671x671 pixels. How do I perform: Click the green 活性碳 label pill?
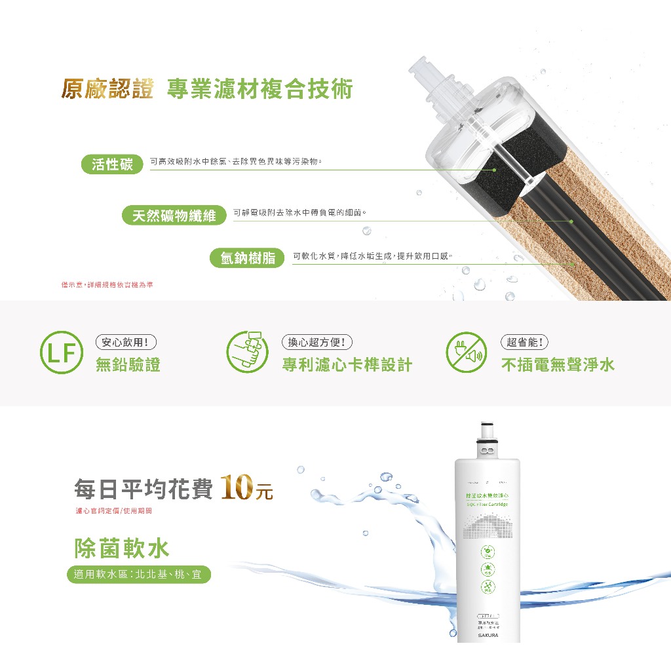click(113, 164)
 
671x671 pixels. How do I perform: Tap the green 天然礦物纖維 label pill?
click(174, 216)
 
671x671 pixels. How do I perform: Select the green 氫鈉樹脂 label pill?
click(247, 258)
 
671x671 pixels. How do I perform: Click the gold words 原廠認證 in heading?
click(107, 88)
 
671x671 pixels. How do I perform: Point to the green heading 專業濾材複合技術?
click(259, 88)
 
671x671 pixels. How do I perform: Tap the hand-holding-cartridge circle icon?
click(248, 353)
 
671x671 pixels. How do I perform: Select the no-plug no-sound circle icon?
click(467, 353)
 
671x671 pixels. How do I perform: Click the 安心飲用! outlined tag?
click(126, 341)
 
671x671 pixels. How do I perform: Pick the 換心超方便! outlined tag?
click(316, 341)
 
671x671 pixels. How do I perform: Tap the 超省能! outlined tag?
click(524, 341)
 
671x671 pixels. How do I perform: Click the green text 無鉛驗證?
click(128, 365)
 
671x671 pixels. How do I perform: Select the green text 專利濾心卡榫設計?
click(347, 365)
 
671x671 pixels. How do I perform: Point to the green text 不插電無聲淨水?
click(558, 365)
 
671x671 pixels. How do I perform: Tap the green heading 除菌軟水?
click(122, 548)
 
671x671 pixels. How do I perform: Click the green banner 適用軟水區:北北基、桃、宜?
click(139, 575)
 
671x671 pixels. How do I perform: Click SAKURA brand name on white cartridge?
click(488, 635)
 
